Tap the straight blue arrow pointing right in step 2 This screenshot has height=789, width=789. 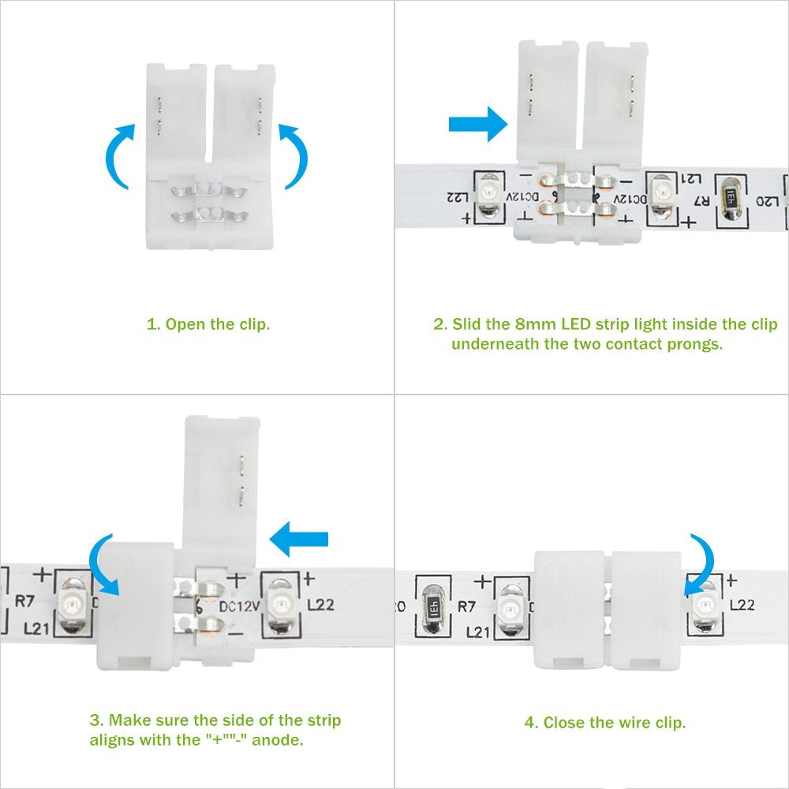478,124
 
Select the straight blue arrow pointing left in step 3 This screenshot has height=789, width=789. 299,540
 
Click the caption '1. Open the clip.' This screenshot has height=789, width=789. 208,324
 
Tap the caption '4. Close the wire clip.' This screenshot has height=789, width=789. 605,723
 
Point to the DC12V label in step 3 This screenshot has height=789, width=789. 239,606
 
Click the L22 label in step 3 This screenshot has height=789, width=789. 320,604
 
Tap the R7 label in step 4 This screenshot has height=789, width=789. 466,607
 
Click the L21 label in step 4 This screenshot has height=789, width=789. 477,632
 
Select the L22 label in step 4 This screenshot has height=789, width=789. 742,604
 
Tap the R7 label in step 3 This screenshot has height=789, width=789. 24,600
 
